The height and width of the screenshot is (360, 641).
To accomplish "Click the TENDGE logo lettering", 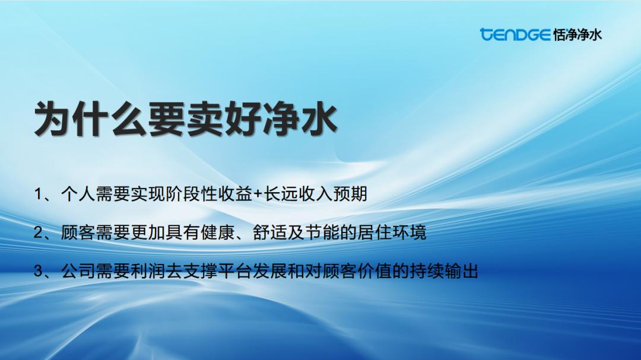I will (x=515, y=34).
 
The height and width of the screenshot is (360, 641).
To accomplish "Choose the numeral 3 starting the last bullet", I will (x=38, y=271).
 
